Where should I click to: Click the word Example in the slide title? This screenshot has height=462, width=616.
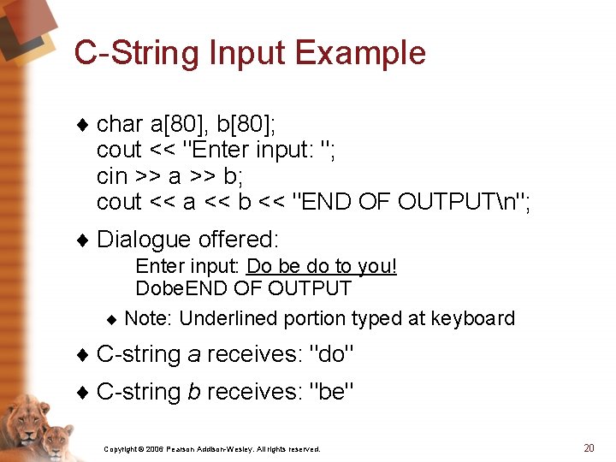(x=360, y=54)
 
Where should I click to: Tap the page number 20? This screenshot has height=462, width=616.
(x=589, y=447)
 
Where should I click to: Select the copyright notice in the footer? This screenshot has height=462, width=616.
(x=212, y=449)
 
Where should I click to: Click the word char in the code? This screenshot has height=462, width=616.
(x=120, y=124)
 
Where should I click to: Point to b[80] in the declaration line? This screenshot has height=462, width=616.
(x=246, y=124)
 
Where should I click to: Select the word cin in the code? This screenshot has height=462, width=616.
(x=112, y=176)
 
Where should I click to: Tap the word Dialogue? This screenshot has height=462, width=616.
(x=144, y=240)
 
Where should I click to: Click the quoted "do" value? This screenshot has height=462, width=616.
(x=332, y=353)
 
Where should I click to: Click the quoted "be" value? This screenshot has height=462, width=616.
(x=332, y=391)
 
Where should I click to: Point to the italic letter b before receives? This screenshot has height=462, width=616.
(x=194, y=391)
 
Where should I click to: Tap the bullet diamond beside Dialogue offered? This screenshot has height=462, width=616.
(x=83, y=240)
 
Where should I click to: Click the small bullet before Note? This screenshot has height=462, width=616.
(x=112, y=319)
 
